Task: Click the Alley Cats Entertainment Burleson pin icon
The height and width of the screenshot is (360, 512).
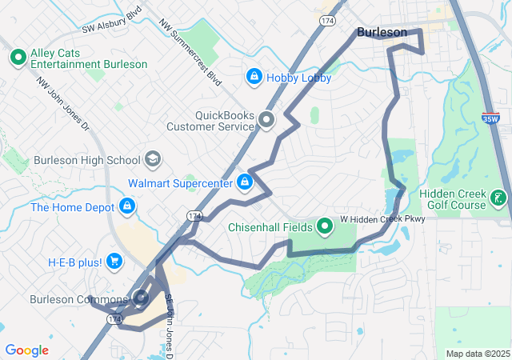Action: pyautogui.click(x=17, y=58)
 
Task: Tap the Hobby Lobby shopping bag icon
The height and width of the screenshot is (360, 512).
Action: pyautogui.click(x=254, y=76)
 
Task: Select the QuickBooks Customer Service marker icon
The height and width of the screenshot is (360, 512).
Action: pyautogui.click(x=266, y=121)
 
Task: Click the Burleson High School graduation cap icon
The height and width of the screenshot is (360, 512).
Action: pyautogui.click(x=152, y=159)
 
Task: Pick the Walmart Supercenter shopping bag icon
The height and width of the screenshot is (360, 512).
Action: pyautogui.click(x=245, y=183)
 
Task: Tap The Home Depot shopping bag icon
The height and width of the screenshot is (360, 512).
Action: pyautogui.click(x=126, y=207)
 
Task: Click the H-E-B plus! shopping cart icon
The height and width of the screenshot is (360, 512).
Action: pyautogui.click(x=114, y=261)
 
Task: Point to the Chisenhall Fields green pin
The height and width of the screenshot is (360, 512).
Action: pyautogui.click(x=325, y=227)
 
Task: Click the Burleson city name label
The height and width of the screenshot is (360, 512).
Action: pyautogui.click(x=382, y=33)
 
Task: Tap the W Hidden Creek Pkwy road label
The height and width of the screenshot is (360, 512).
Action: pyautogui.click(x=382, y=218)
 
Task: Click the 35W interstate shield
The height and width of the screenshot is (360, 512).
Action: pyautogui.click(x=490, y=118)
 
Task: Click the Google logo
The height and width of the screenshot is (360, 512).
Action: pyautogui.click(x=26, y=350)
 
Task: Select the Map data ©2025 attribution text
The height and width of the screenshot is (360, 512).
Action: pyautogui.click(x=477, y=354)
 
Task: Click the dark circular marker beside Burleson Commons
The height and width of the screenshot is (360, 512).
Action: pyautogui.click(x=142, y=299)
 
